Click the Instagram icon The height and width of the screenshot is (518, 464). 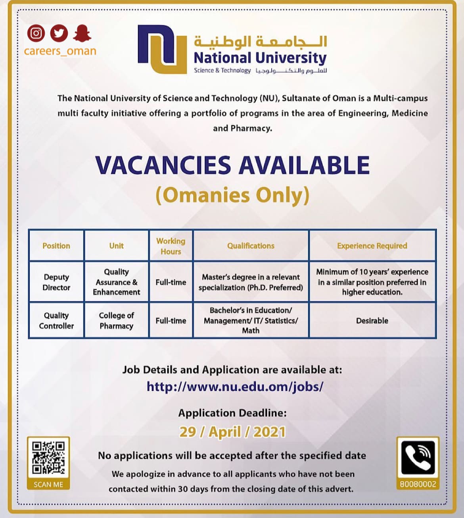coord(36,33)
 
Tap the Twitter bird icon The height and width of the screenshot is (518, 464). coord(59,33)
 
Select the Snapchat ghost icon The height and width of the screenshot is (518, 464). coord(82,33)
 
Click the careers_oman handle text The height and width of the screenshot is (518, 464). coord(60,51)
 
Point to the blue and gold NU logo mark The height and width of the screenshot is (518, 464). coord(162,49)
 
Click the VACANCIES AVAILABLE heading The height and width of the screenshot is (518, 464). coord(232,165)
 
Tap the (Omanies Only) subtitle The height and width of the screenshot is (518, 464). coord(232,195)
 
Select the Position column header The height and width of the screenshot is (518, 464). coord(56,246)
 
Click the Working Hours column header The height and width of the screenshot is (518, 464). coord(171,246)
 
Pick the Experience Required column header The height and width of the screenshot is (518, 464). coord(372,246)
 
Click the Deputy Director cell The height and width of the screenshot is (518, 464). coord(56,282)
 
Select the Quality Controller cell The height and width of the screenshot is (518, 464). coord(56,321)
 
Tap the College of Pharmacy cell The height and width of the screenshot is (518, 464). coord(116,321)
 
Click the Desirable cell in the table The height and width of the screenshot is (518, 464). coord(372,321)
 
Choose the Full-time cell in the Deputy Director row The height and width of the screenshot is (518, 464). coord(171,282)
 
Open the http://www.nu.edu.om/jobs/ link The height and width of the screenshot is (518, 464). coord(235,386)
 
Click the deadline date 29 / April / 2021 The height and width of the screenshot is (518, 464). coord(232,432)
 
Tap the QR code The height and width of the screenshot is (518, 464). coord(48,458)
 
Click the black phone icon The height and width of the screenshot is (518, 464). coord(418,458)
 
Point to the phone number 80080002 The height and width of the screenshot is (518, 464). coord(418,484)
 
